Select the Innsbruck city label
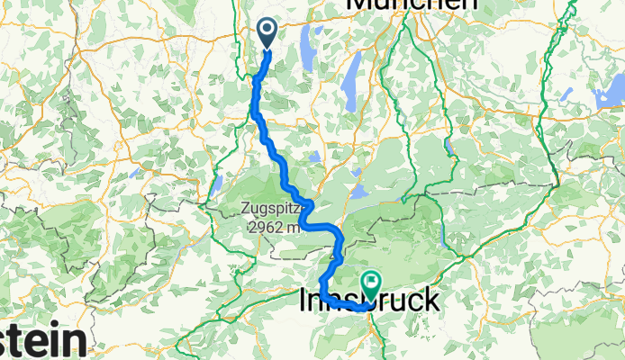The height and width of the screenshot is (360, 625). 369,301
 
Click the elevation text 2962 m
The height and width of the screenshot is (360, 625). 275,227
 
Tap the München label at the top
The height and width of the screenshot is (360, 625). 411,4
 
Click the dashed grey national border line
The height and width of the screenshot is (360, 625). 504,185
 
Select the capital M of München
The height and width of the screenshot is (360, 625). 359,4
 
